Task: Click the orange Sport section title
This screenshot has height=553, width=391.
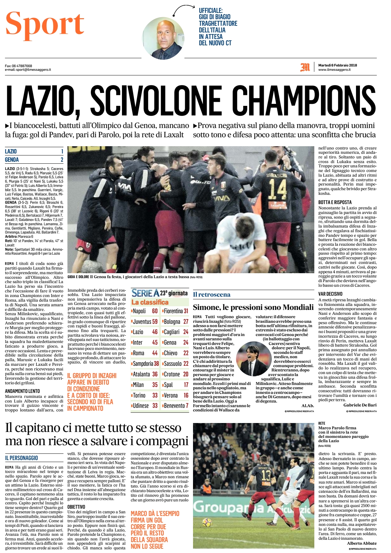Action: [x=45, y=24]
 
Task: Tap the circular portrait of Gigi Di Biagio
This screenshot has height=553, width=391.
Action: [x=163, y=38]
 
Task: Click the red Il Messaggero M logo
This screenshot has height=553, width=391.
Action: [x=305, y=67]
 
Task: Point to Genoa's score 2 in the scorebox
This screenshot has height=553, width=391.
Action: [x=62, y=159]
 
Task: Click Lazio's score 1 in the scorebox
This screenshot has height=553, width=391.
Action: [x=62, y=151]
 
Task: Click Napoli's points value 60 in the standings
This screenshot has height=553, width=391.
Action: [x=155, y=311]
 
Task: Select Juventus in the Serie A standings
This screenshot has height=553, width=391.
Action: [x=142, y=321]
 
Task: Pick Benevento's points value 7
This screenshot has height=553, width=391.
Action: [x=187, y=405]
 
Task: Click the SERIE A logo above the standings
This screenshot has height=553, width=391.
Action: [x=145, y=293]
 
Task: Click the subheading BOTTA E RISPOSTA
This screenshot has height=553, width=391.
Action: [x=335, y=202]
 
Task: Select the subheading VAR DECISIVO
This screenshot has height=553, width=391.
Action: [x=330, y=294]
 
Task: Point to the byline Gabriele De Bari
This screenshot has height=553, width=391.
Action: [x=360, y=405]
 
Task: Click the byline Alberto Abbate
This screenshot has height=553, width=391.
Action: [x=362, y=543]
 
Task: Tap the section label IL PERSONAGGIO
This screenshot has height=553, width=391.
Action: [x=21, y=458]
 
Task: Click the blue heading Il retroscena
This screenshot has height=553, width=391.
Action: [x=212, y=295]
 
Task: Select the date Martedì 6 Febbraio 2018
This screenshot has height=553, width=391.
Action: [x=337, y=65]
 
